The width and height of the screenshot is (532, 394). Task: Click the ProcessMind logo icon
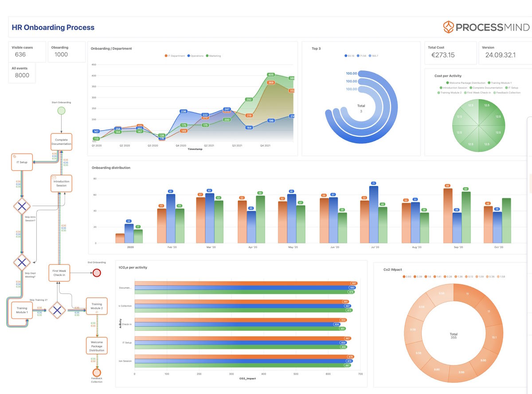[x=449, y=27]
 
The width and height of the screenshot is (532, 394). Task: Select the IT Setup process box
[x=23, y=162]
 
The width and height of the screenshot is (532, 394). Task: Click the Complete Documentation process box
[x=61, y=142]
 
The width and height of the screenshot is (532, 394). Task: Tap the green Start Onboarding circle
[x=61, y=111]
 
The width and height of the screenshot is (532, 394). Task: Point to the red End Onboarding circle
[x=97, y=273]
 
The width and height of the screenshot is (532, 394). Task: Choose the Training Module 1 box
[x=22, y=310]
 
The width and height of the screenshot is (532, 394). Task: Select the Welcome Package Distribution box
[x=97, y=346]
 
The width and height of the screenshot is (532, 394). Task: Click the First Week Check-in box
[x=59, y=273]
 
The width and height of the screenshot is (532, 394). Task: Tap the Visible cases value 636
[x=20, y=55]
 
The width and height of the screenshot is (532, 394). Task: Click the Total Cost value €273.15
[x=443, y=55]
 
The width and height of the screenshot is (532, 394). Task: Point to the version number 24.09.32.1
[x=500, y=55]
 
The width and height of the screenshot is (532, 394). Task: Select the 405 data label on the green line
[x=271, y=75]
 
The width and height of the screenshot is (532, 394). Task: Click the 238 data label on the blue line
[x=184, y=111]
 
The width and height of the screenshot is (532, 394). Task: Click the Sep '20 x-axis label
[x=458, y=247]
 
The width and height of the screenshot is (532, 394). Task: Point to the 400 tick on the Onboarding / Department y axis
[x=94, y=75]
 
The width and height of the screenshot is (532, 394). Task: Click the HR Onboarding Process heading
[x=53, y=27]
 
